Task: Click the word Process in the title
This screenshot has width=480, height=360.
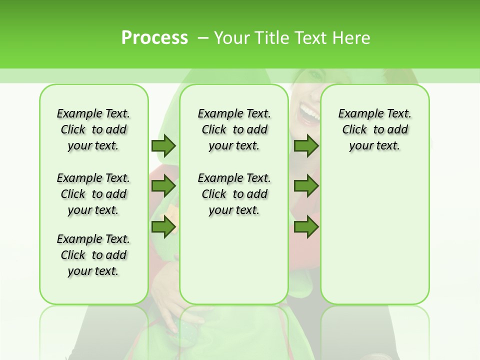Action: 154,38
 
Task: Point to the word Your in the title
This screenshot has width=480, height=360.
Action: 232,38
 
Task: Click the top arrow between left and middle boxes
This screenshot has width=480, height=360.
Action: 163,145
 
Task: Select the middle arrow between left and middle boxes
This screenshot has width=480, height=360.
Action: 163,186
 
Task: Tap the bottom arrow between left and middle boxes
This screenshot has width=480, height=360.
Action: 163,227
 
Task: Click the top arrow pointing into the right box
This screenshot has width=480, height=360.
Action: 306,145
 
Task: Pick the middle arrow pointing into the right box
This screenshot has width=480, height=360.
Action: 306,186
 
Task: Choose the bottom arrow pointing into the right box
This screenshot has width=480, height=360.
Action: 306,227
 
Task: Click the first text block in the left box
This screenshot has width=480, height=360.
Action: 93,129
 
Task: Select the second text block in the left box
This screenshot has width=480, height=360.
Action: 93,194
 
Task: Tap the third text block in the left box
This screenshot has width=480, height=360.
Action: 93,255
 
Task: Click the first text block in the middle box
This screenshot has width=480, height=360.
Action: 234,129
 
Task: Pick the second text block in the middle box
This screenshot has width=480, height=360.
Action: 234,194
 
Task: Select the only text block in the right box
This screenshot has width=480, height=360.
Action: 374,129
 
